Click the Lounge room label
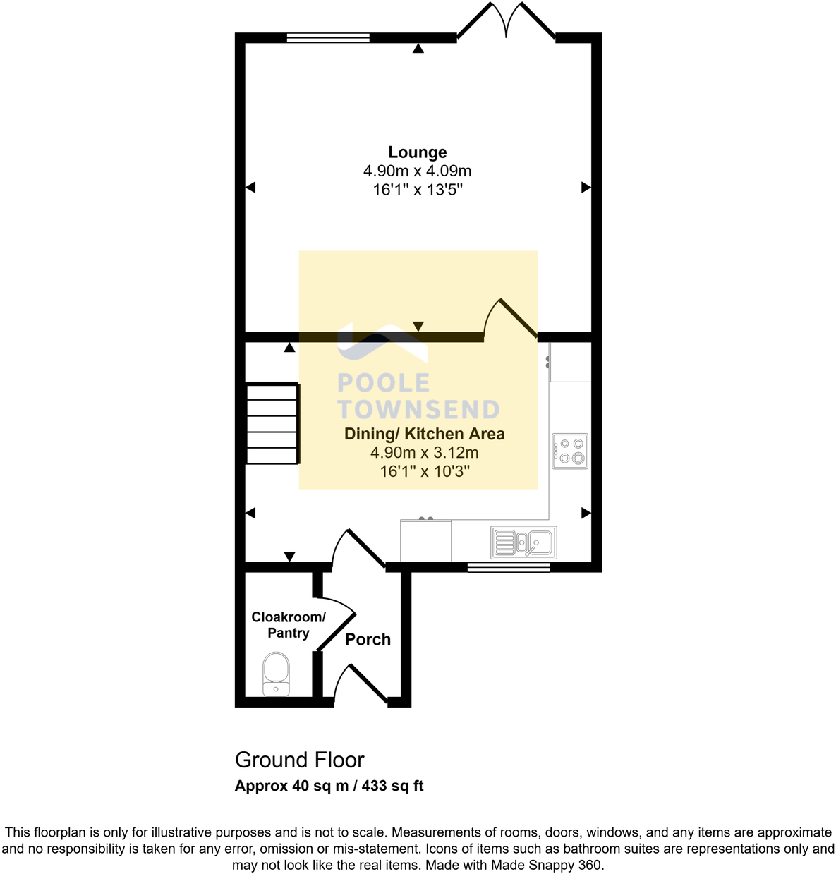(x=417, y=152)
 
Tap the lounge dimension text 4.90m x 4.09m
(x=417, y=171)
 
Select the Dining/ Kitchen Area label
(x=424, y=434)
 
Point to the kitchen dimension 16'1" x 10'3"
(x=424, y=471)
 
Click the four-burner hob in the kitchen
(x=570, y=451)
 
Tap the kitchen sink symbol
(x=523, y=542)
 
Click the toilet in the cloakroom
(x=276, y=674)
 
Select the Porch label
(x=368, y=639)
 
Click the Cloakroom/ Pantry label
(x=289, y=625)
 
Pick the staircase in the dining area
(x=273, y=423)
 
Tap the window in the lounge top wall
(x=328, y=38)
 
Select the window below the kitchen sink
(x=508, y=566)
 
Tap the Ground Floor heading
(x=299, y=760)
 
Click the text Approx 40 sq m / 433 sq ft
(x=329, y=786)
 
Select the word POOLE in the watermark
(x=383, y=383)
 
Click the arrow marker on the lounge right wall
(x=586, y=187)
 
